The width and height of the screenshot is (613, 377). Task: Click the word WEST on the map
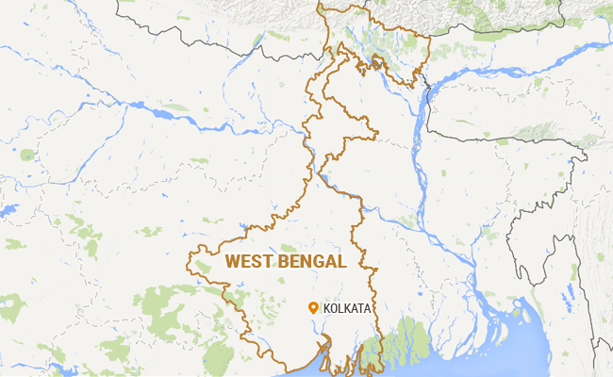250,261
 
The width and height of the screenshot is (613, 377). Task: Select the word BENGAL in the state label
313,261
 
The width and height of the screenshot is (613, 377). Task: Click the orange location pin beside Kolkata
313,306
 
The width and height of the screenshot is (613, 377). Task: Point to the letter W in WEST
232,261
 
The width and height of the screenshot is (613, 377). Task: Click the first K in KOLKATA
327,308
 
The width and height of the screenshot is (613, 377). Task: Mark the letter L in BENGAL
341,261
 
